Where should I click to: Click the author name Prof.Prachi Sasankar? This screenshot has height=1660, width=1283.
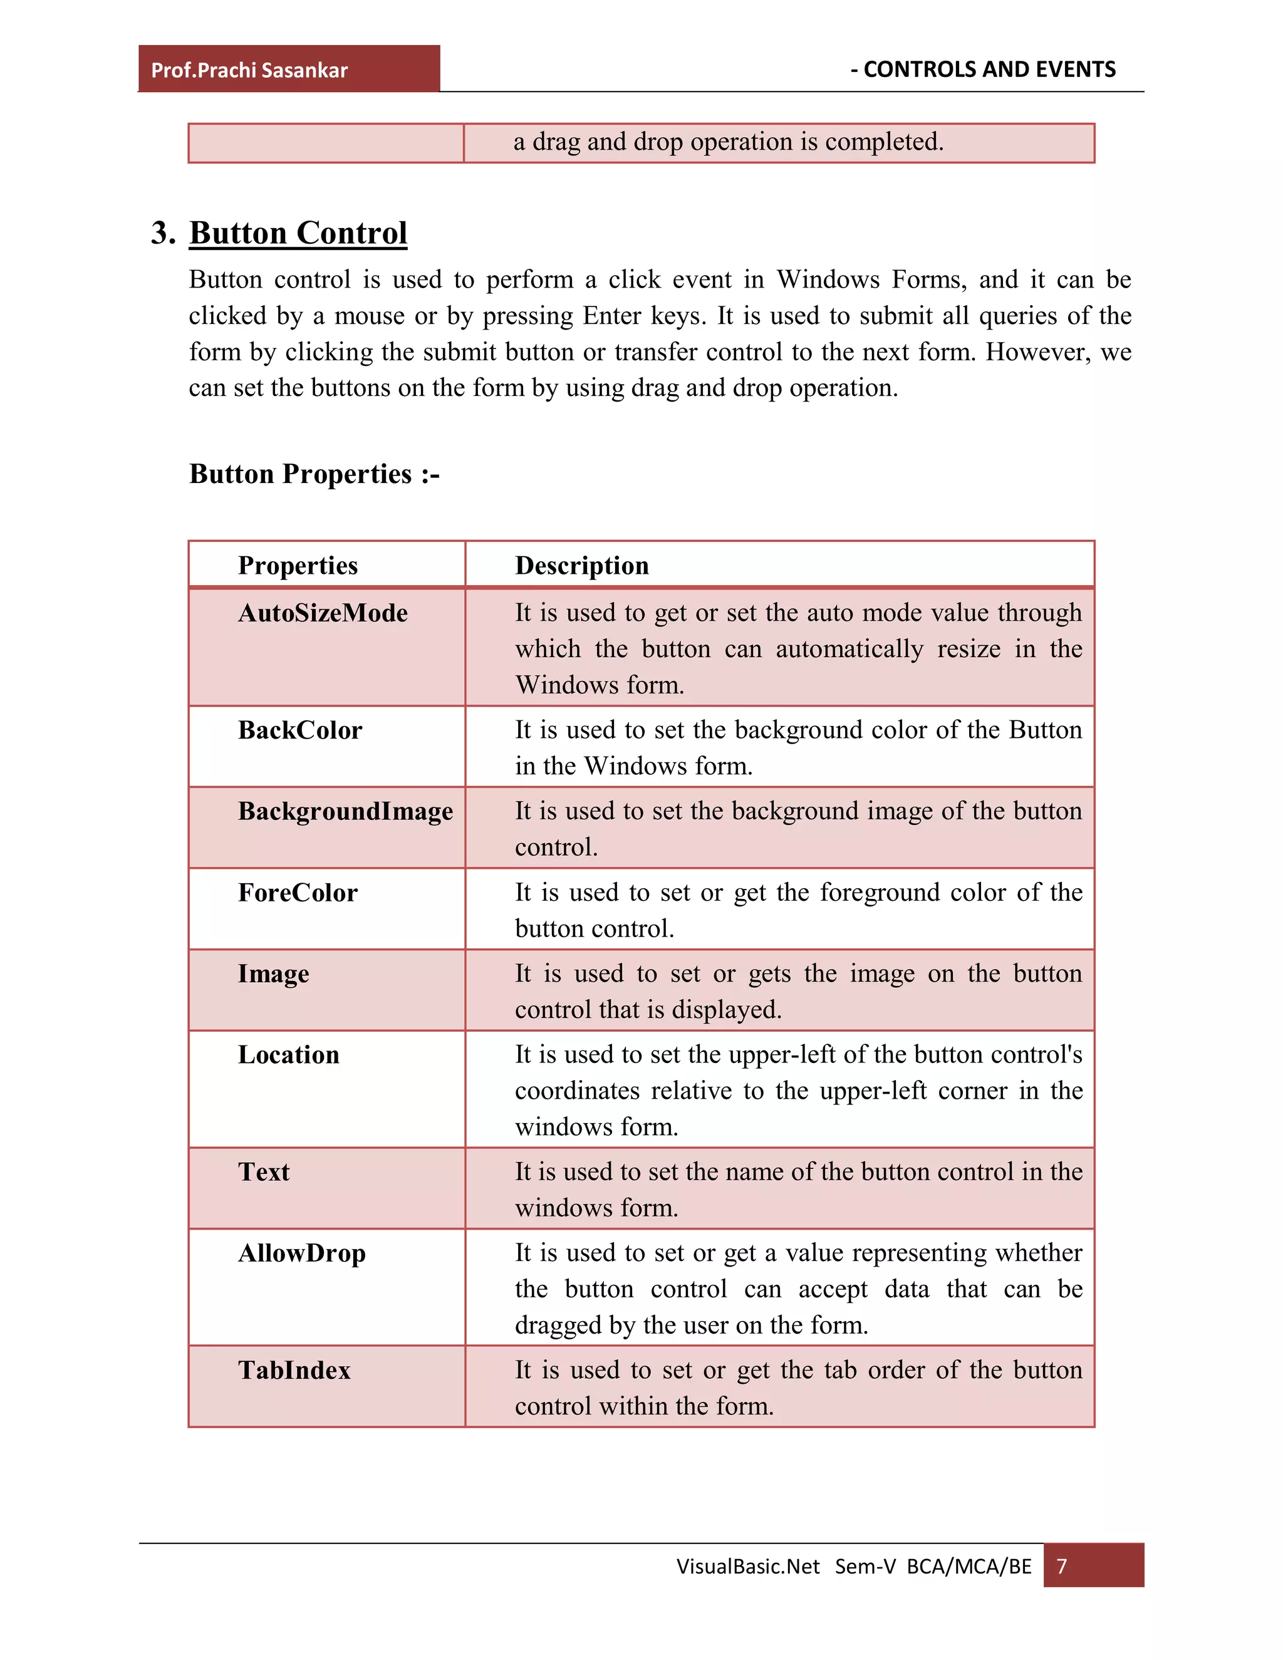(249, 71)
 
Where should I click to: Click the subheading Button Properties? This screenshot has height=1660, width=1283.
(314, 474)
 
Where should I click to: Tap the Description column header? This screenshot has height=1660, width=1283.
(581, 566)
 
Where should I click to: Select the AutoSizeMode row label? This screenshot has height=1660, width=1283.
(322, 613)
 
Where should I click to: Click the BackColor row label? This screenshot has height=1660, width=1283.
(299, 730)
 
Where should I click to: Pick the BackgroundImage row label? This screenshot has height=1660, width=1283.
(345, 811)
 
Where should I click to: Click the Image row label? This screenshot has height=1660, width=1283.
(273, 973)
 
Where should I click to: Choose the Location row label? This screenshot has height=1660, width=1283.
(288, 1055)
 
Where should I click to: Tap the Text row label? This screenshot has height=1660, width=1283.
(263, 1172)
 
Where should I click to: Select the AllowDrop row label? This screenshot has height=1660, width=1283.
(302, 1253)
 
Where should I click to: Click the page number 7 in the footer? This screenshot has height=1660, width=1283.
(1062, 1567)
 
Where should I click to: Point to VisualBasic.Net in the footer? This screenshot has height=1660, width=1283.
(748, 1567)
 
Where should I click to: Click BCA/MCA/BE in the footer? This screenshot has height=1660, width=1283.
(969, 1567)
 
